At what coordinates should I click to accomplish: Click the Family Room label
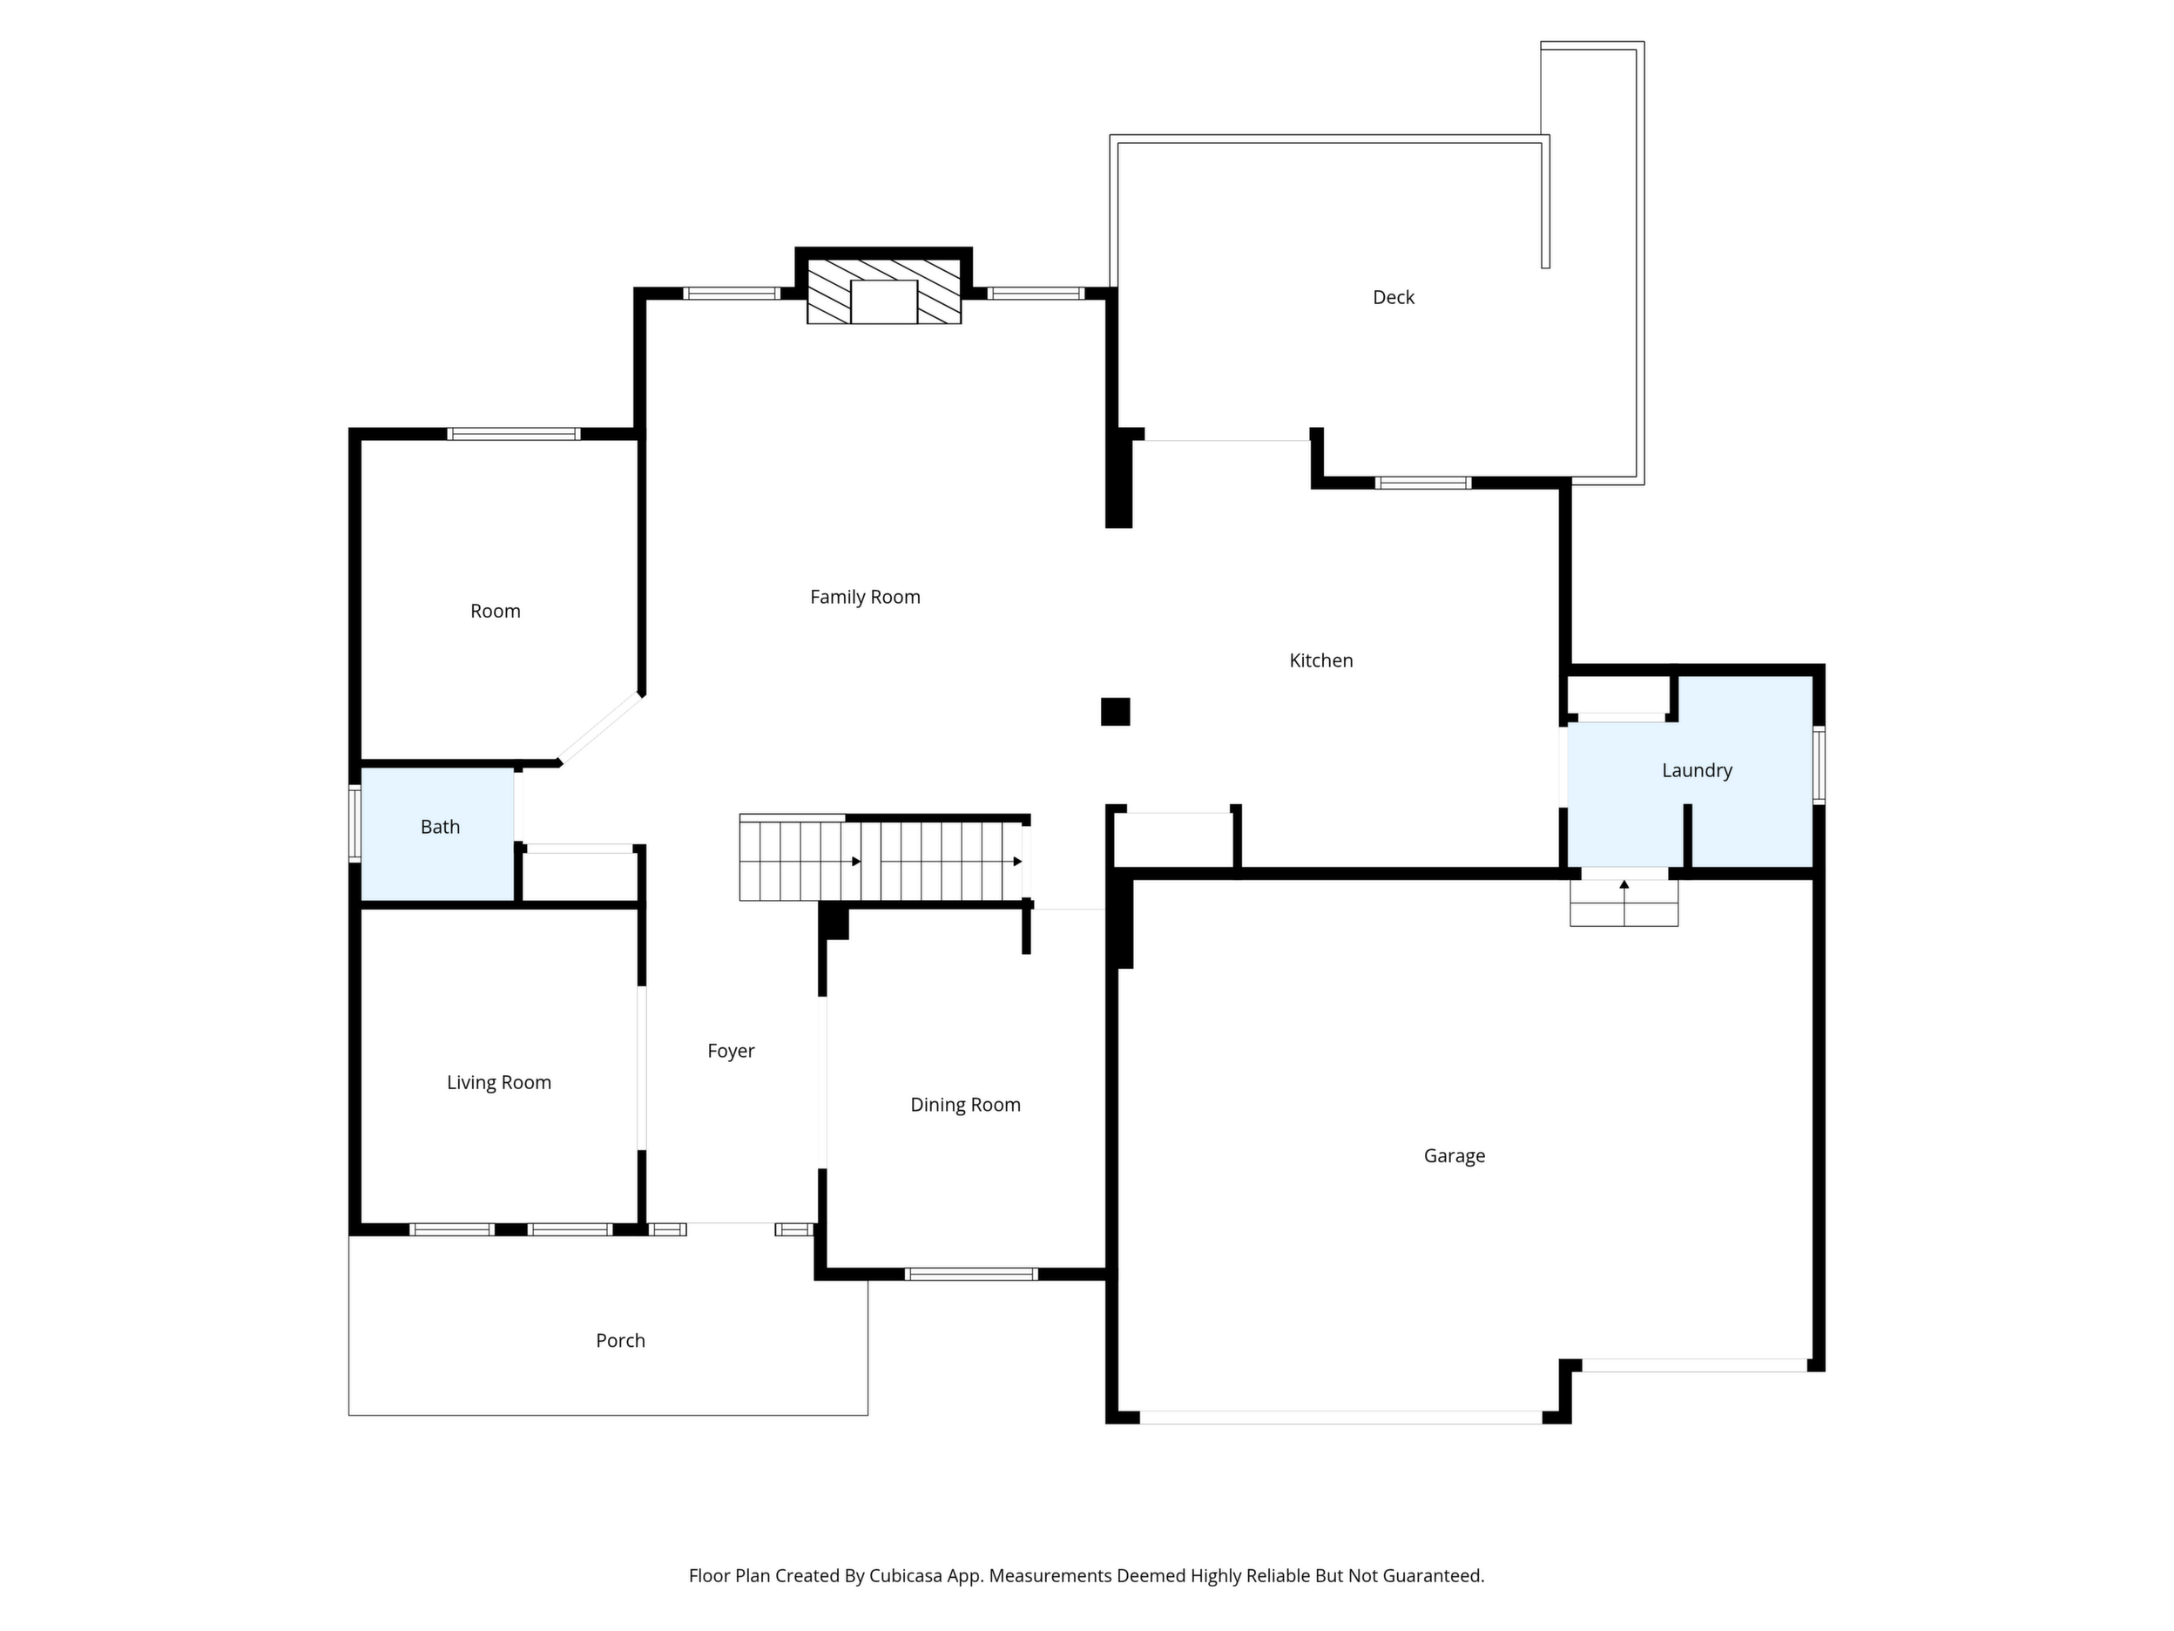tap(865, 597)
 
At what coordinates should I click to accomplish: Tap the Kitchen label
tap(1321, 660)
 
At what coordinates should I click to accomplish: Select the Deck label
tap(1394, 297)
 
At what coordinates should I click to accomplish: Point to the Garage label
tap(1455, 1156)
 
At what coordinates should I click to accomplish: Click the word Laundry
tap(1698, 771)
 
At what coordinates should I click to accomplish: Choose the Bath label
tap(441, 827)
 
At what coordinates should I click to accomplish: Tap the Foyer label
tap(732, 1051)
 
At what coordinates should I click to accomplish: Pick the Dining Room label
tap(965, 1105)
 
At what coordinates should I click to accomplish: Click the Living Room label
tap(499, 1082)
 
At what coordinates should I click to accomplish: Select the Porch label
tap(621, 1341)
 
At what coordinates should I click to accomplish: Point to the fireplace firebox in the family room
tap(883, 301)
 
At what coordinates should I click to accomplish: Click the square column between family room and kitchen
tap(1116, 712)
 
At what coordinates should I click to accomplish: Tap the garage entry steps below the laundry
tap(1624, 903)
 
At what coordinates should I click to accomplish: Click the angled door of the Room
tap(600, 728)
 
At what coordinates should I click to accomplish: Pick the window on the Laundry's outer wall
tap(1820, 765)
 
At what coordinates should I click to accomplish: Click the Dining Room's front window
tap(971, 1274)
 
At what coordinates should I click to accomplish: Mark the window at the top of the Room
tap(514, 434)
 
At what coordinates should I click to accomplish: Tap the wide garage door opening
tap(1340, 1418)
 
